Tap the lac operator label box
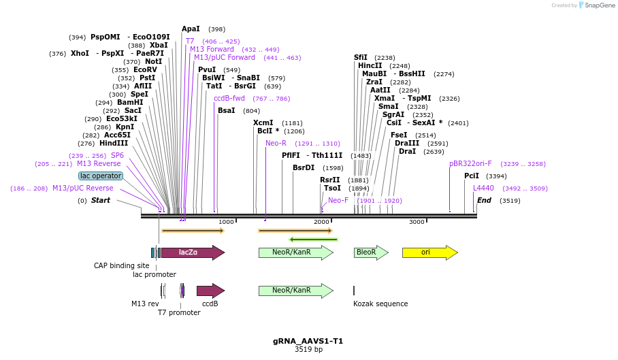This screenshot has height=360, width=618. (101, 176)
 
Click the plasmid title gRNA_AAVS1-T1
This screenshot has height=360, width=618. (308, 340)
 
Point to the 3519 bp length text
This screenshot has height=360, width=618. (308, 349)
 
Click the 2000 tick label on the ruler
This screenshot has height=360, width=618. (321, 222)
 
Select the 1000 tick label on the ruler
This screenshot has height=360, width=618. (226, 222)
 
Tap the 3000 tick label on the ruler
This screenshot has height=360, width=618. (417, 222)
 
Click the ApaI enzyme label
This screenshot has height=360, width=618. (191, 29)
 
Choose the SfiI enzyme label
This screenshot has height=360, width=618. (361, 57)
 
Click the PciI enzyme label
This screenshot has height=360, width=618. (472, 176)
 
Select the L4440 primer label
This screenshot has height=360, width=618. (483, 188)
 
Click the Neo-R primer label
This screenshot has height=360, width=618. (276, 143)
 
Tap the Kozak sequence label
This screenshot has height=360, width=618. (380, 304)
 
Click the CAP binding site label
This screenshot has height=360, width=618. (121, 265)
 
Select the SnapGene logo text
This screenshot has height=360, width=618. (597, 5)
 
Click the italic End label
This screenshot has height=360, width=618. (484, 200)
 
